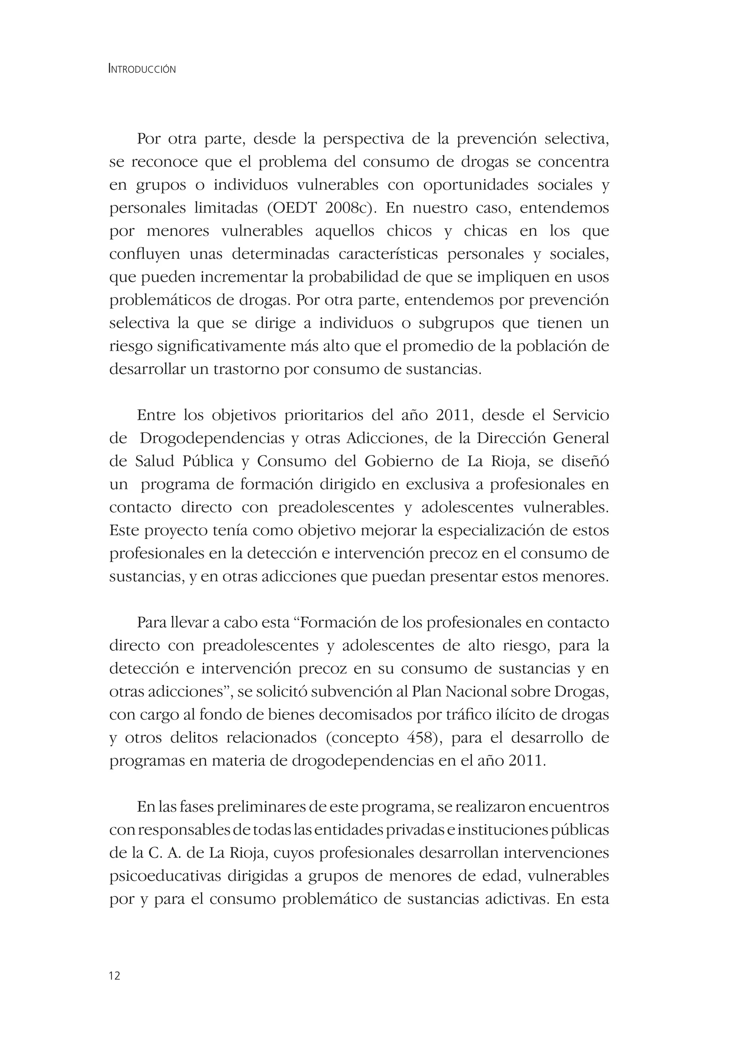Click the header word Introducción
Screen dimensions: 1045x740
[x=142, y=69]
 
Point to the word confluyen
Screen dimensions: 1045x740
[x=145, y=254]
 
